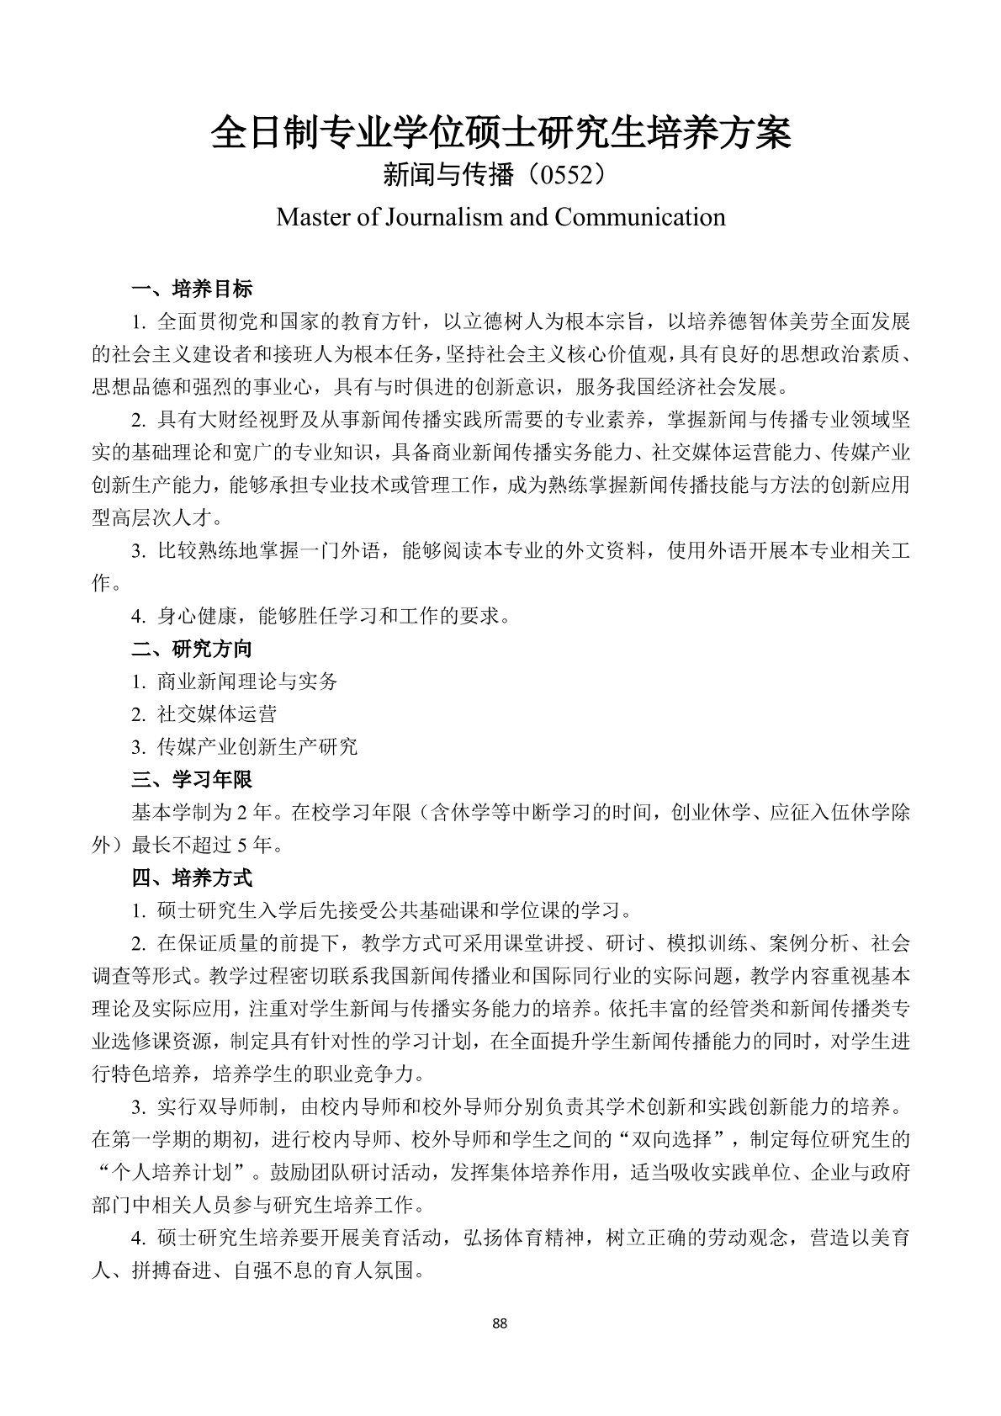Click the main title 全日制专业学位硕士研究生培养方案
500,133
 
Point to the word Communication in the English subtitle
640,217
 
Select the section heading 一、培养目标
192,289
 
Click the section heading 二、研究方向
192,649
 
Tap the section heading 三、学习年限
192,780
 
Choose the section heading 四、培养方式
192,878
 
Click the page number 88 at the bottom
500,1323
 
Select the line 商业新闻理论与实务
246,681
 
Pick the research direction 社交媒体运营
216,714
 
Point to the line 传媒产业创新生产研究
257,747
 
